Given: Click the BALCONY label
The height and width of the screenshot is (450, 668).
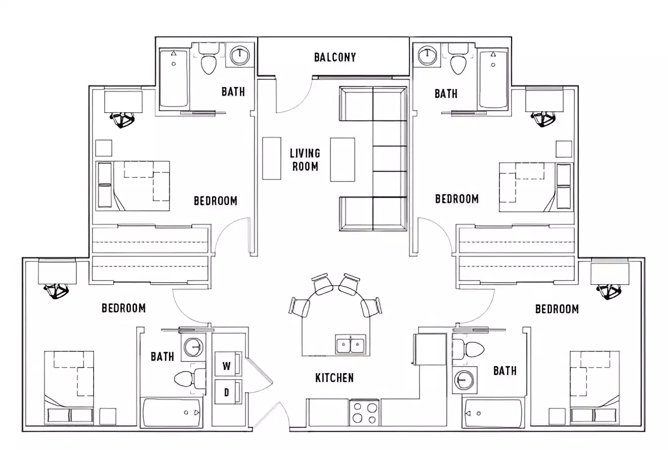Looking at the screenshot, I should pyautogui.click(x=335, y=57).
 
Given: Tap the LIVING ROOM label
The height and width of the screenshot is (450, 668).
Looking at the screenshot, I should pyautogui.click(x=305, y=159).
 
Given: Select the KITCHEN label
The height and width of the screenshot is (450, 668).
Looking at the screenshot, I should pyautogui.click(x=334, y=378).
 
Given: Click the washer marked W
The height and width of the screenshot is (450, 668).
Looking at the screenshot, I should pyautogui.click(x=227, y=365).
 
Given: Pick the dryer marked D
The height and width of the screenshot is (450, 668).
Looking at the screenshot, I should pyautogui.click(x=227, y=392).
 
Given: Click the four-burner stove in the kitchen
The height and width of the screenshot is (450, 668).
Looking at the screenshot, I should pyautogui.click(x=364, y=412).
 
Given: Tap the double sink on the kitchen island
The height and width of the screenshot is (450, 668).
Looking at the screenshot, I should pyautogui.click(x=350, y=345).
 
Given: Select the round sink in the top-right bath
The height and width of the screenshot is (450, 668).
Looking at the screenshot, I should pyautogui.click(x=428, y=55).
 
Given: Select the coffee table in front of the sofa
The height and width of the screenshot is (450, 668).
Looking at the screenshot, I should pyautogui.click(x=342, y=159).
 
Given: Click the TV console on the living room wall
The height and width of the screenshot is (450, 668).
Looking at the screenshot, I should pyautogui.click(x=271, y=158).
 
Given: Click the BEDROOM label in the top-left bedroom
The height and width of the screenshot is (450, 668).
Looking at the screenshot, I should pyautogui.click(x=215, y=201).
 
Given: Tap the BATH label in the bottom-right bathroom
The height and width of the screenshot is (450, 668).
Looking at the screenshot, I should pyautogui.click(x=505, y=371).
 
